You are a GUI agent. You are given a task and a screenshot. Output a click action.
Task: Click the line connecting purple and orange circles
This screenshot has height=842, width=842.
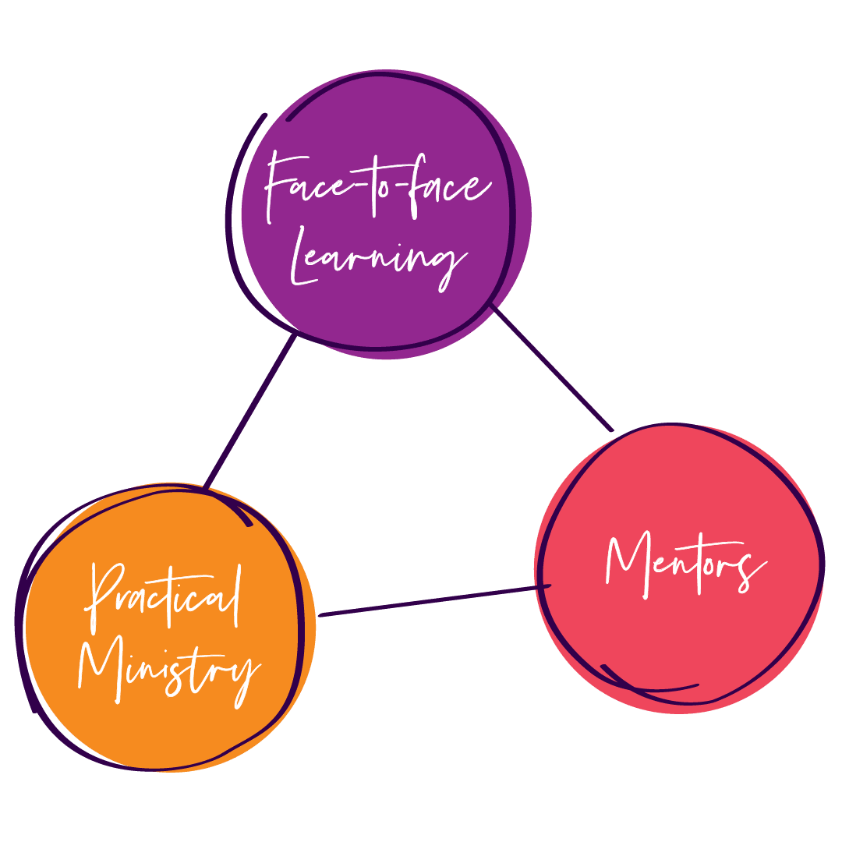249,413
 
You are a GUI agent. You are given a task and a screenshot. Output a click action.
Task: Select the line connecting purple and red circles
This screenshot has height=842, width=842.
552,366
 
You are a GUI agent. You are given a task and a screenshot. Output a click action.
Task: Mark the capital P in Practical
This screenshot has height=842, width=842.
105,596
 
